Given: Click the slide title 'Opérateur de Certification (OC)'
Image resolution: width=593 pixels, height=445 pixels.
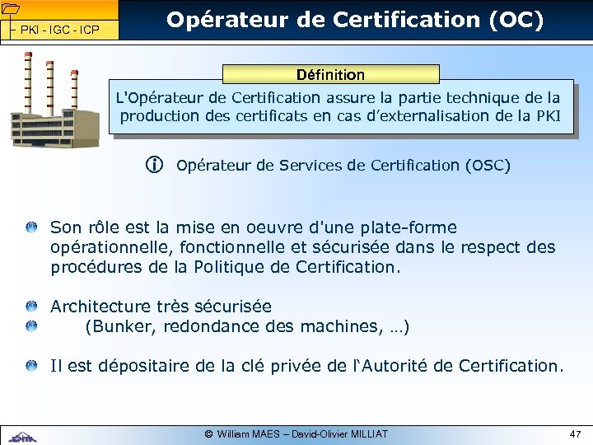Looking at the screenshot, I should click(355, 21).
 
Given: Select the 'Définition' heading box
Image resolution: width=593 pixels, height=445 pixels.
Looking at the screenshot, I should click(331, 75).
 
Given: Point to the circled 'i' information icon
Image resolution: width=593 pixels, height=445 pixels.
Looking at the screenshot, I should click(154, 166).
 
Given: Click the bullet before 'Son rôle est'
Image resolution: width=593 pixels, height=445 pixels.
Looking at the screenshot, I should click(30, 227).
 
